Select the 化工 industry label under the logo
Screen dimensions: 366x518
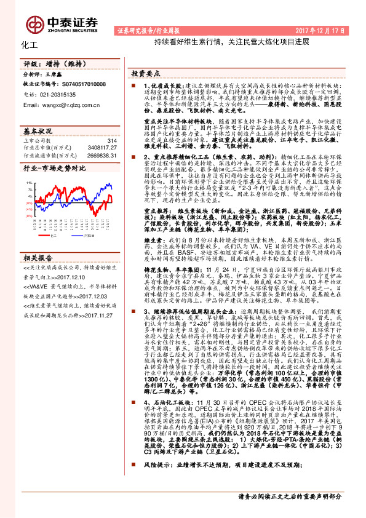click(x=30, y=46)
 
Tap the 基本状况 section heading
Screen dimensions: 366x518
click(x=38, y=132)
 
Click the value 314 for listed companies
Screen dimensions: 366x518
click(x=111, y=141)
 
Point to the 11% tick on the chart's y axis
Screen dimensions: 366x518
click(x=28, y=183)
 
